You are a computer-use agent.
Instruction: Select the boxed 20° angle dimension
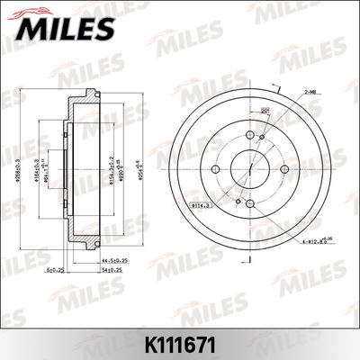[x=265, y=110]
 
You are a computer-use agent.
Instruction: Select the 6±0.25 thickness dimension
[x=58, y=270]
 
